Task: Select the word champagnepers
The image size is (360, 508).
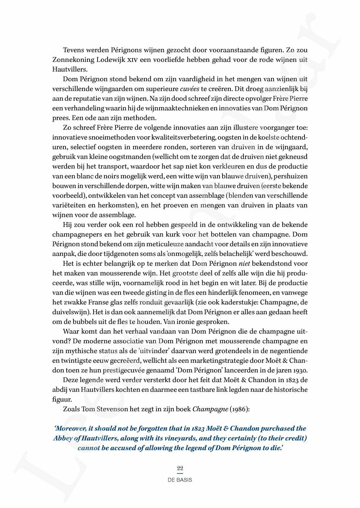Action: pos(75,235)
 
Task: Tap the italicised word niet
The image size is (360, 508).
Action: pos(245,264)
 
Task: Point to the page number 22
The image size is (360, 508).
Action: pos(180,468)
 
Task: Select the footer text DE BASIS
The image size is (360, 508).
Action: pos(180,480)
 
